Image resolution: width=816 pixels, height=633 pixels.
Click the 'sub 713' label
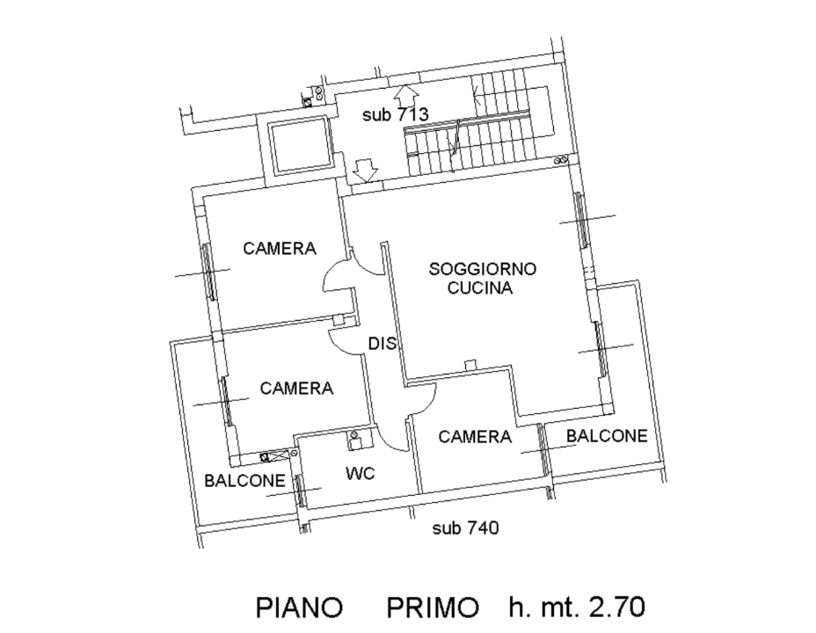[395, 114]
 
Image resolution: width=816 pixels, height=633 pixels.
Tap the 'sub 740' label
[465, 528]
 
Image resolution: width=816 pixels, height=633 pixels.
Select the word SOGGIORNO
[483, 268]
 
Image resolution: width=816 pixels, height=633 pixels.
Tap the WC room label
[361, 474]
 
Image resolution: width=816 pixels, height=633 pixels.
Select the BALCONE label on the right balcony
[607, 435]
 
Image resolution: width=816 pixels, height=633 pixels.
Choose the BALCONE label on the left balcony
[244, 481]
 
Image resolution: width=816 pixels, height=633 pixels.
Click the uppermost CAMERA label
[280, 248]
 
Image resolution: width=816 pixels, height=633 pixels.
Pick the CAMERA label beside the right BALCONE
[475, 436]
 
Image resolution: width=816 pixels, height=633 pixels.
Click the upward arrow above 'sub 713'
[404, 92]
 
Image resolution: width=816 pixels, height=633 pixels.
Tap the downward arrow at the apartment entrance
[364, 168]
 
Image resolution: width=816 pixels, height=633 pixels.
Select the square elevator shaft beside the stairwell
[299, 146]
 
